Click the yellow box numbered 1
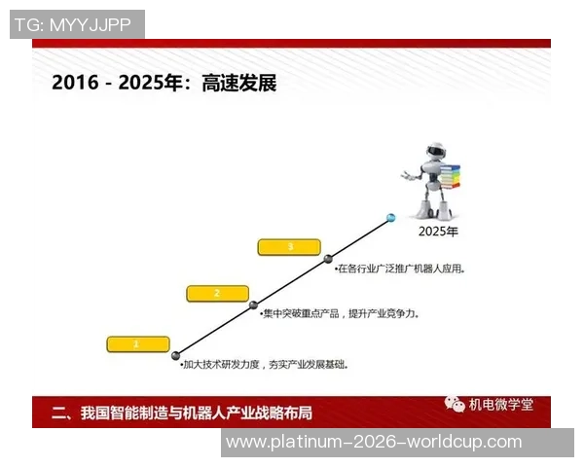tap(137, 343)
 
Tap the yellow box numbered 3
tap(290, 247)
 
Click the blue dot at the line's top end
tap(391, 217)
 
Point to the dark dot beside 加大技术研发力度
tap(177, 355)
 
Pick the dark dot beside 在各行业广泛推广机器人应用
tap(329, 259)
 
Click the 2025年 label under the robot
tap(437, 232)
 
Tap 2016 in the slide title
tap(75, 83)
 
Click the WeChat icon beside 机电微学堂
tap(455, 404)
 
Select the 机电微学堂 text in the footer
tap(501, 405)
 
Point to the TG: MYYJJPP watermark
tap(77, 24)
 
